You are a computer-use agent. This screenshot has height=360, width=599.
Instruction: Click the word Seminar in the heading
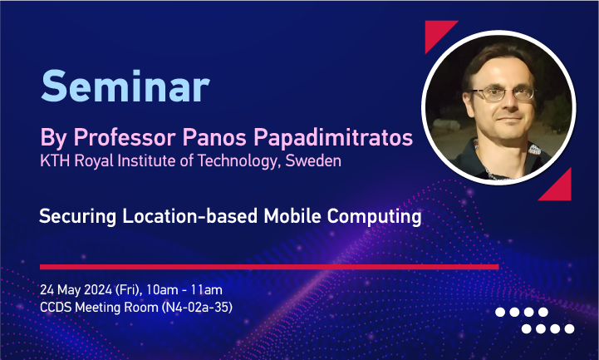[x=125, y=86]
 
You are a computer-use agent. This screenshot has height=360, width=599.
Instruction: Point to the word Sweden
[x=313, y=160]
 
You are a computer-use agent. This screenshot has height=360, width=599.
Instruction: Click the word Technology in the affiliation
[x=237, y=161]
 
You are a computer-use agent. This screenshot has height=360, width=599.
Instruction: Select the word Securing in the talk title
[x=77, y=217]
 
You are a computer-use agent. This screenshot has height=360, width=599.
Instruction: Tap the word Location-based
[x=190, y=216]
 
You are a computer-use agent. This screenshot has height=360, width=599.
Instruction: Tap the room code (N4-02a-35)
[x=197, y=308]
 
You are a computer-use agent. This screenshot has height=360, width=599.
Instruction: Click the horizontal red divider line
[x=269, y=267]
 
